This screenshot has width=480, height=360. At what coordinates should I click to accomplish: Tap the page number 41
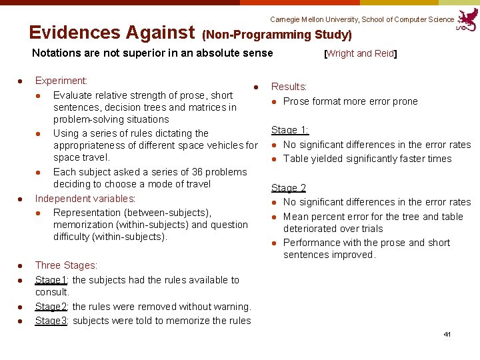(447, 333)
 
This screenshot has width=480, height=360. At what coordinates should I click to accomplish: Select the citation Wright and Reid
(361, 53)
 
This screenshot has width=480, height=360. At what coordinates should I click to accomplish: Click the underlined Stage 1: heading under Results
(289, 130)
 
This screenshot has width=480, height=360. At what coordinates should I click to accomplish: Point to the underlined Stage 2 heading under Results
(288, 188)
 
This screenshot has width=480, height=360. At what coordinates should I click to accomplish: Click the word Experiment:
(61, 81)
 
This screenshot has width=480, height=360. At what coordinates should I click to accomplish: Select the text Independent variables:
(85, 199)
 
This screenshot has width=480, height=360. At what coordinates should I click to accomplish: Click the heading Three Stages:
(66, 265)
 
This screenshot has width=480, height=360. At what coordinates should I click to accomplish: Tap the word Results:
(289, 87)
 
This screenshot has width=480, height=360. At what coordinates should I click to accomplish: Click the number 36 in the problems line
(185, 171)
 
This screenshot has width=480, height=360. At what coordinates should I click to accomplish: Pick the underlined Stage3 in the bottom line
(52, 321)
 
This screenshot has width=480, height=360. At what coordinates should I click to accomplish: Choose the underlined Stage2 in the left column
(52, 307)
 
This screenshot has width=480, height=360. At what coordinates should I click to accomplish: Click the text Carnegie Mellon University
(314, 19)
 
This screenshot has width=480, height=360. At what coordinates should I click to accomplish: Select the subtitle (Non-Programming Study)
(277, 35)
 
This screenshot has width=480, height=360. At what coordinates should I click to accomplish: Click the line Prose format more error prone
(350, 101)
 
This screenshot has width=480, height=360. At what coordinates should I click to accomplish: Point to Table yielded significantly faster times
(367, 159)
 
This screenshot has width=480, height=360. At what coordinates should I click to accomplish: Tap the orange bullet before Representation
(39, 213)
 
